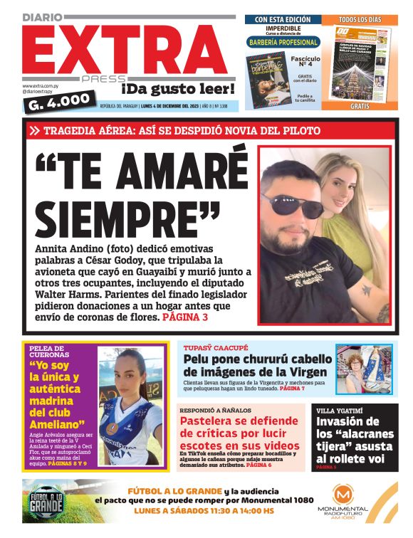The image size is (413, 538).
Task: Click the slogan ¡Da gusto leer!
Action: [x=177, y=89]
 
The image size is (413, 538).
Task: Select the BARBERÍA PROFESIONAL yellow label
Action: [x=283, y=43]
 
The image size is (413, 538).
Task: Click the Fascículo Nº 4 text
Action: [x=305, y=63]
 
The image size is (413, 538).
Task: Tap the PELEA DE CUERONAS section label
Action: [x=54, y=350]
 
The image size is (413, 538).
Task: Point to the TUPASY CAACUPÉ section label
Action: [x=216, y=348]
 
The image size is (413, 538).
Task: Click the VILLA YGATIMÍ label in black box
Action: [x=341, y=411]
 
